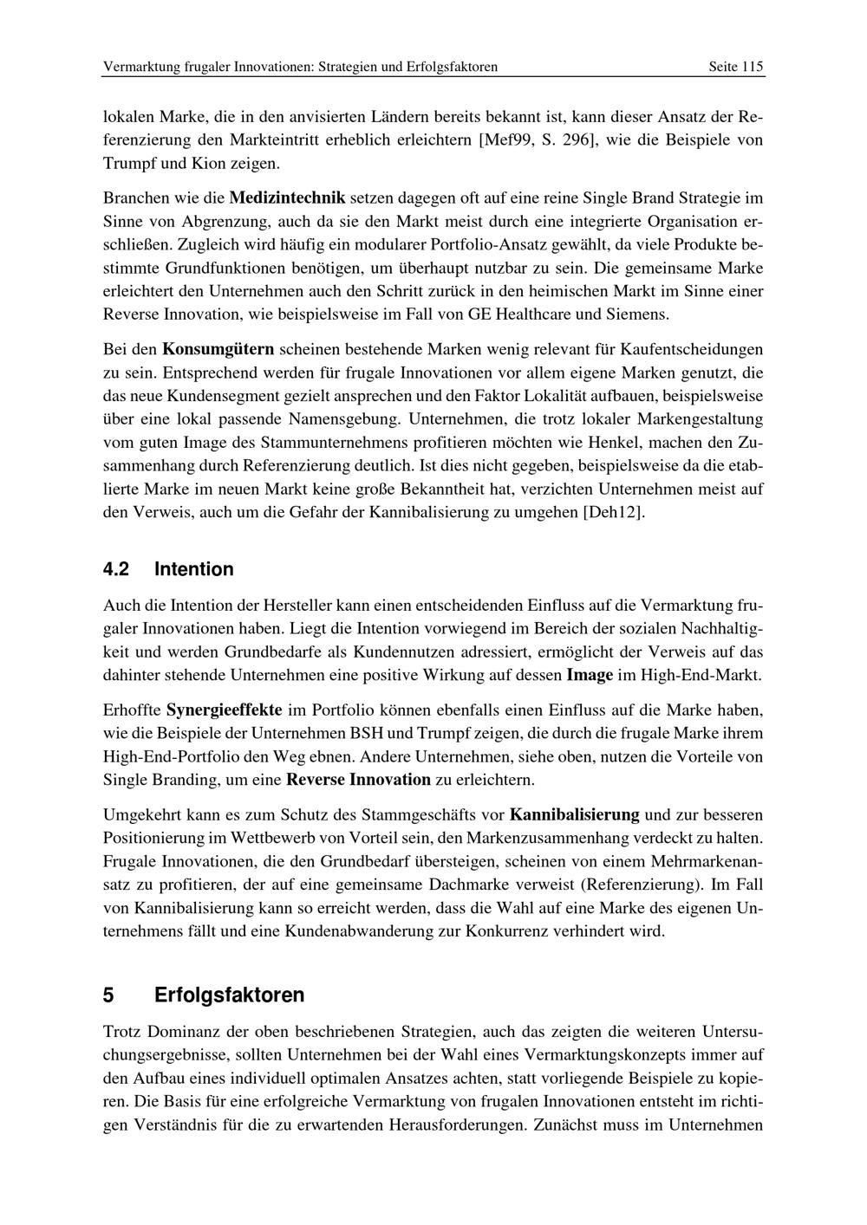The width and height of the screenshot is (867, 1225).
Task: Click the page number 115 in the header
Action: pos(752,67)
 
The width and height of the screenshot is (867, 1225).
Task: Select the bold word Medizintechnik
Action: pos(287,198)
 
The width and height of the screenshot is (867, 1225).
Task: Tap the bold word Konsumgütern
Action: pos(218,349)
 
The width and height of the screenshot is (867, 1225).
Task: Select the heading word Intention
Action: pos(194,569)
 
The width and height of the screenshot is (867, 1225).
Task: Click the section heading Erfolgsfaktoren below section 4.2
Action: pos(229,995)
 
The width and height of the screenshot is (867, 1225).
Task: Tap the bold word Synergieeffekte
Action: pos(224,710)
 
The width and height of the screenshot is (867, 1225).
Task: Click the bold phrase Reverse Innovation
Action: pos(358,779)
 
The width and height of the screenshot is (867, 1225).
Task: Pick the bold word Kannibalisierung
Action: pos(575,814)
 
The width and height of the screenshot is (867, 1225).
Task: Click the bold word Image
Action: pos(590,674)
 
